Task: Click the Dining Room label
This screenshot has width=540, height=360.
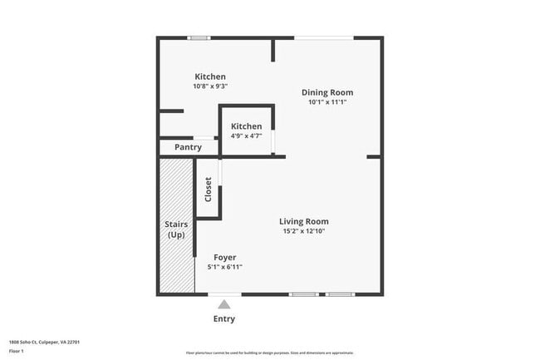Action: click(x=327, y=92)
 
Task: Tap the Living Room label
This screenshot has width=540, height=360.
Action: click(x=303, y=221)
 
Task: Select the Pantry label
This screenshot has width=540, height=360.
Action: click(x=188, y=147)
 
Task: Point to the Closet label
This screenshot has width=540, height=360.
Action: click(x=208, y=190)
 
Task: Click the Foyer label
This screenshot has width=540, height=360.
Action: click(x=224, y=258)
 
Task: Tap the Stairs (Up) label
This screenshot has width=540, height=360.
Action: click(x=175, y=229)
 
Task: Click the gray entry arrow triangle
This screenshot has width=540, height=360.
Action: click(x=224, y=304)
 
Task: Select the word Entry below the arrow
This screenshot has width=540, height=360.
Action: click(x=224, y=318)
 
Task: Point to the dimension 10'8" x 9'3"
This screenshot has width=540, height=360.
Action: click(x=210, y=86)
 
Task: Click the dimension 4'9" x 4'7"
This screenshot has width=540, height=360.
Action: click(x=246, y=136)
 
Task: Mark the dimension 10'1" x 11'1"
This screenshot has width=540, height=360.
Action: click(x=327, y=102)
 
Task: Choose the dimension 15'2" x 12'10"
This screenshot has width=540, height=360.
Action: click(x=303, y=231)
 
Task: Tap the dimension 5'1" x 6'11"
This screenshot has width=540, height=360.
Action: click(x=224, y=267)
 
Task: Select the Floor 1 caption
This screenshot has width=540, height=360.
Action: click(x=17, y=351)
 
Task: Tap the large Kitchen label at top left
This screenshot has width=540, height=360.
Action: click(x=210, y=76)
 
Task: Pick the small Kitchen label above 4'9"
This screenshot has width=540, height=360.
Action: click(x=246, y=126)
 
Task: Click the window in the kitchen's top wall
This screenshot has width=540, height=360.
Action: click(x=199, y=37)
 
